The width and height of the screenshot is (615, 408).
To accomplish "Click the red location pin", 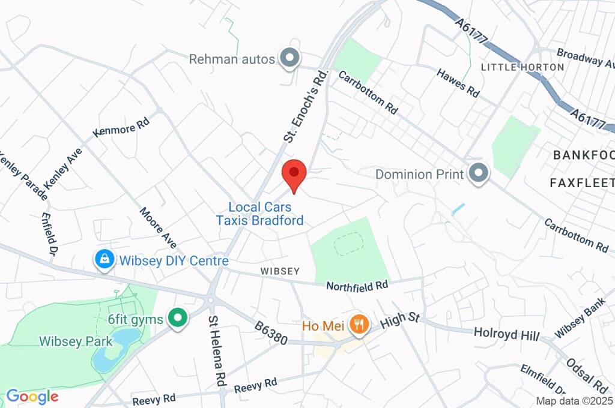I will pos(294,174).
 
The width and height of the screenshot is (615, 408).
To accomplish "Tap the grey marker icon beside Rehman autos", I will pos(291,59).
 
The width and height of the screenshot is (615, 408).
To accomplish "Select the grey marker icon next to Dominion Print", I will pos(479,174).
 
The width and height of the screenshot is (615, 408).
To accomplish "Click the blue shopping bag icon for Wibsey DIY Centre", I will pos(105,260).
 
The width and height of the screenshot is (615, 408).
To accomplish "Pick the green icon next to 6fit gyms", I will pos(177,319).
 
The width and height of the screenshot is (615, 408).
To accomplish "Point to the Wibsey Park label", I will pos(76,341).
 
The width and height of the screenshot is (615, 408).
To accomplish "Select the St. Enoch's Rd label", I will pos(307,106).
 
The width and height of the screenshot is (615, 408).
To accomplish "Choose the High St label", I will pos(400,319).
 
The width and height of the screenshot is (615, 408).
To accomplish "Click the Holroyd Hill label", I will pos(506,334).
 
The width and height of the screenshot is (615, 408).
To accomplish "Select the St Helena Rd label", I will pos(216,351).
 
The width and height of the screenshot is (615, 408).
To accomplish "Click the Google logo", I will pos(32,397).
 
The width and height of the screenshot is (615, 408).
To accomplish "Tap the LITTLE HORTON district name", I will pos(523,67).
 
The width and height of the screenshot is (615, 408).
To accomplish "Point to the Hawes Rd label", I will pos(459,83).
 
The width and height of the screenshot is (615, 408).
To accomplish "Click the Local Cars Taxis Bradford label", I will pos(259,214).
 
